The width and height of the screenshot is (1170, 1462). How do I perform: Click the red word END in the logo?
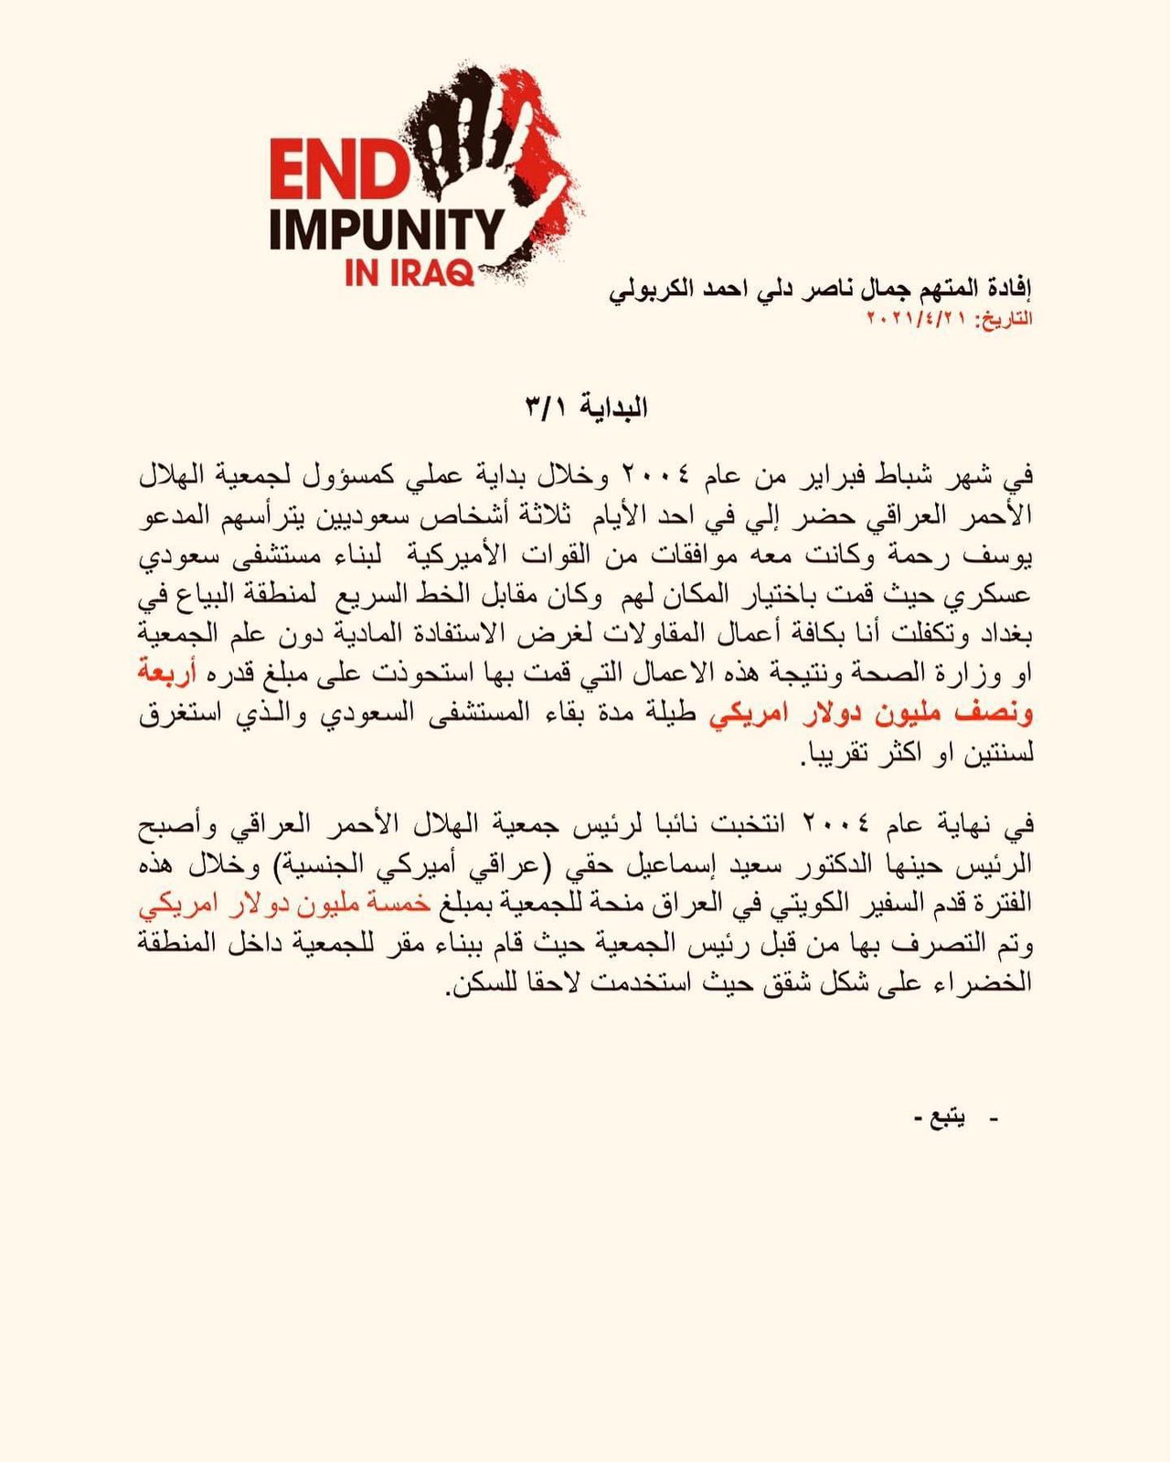[x=337, y=170]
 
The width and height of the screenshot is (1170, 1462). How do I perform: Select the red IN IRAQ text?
[x=409, y=272]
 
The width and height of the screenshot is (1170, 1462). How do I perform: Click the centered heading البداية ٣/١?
[x=587, y=408]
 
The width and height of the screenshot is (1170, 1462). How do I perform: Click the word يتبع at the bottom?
[x=948, y=1118]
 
